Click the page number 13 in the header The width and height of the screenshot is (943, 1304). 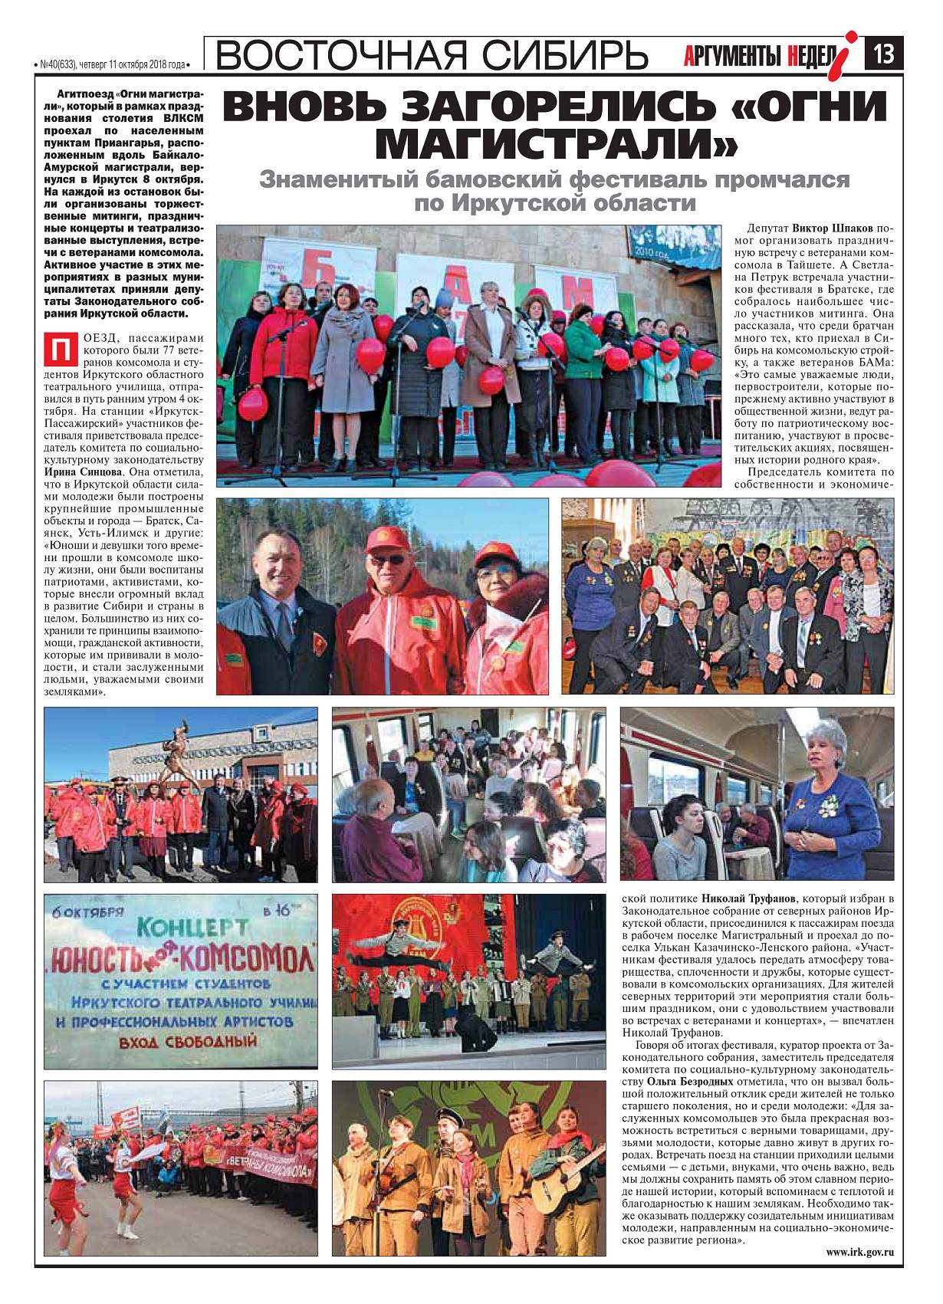(884, 55)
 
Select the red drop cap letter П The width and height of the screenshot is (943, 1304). (59, 349)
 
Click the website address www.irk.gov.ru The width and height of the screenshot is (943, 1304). (859, 1253)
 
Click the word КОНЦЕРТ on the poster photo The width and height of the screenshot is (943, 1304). (192, 928)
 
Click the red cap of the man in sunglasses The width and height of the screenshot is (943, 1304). (388, 539)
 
